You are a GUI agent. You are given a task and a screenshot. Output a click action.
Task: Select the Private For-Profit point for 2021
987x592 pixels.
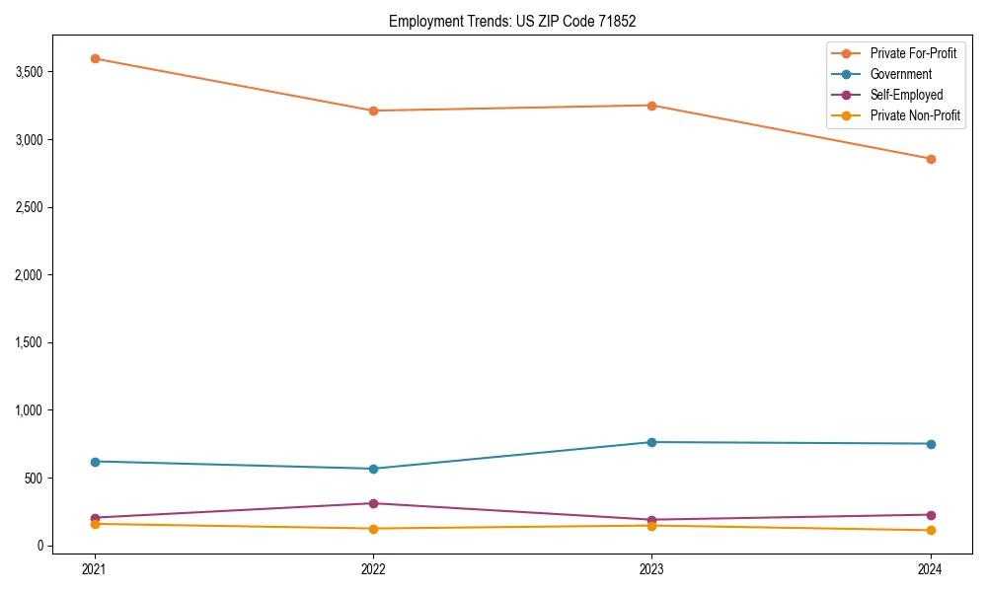[95, 58]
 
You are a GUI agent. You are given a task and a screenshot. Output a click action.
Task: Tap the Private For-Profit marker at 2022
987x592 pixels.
[373, 111]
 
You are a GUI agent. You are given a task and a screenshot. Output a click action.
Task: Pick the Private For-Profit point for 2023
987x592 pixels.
[651, 106]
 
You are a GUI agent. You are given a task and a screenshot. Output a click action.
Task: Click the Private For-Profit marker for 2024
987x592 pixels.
[930, 159]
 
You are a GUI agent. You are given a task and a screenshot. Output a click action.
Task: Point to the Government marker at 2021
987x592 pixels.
[95, 462]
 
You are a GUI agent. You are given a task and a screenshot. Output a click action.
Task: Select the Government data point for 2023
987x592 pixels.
[651, 442]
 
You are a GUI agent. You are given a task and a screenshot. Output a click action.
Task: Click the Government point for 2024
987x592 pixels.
[930, 444]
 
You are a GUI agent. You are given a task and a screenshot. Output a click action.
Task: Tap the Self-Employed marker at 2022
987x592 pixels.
[373, 503]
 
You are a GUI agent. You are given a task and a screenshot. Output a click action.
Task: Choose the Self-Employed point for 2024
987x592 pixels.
[930, 515]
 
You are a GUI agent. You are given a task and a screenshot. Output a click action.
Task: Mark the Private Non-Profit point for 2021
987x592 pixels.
[95, 524]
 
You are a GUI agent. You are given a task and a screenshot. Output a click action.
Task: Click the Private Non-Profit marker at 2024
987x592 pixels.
[930, 531]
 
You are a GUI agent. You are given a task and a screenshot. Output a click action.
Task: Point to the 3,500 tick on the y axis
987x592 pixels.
[28, 72]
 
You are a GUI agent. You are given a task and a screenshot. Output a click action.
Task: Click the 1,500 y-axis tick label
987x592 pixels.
[28, 342]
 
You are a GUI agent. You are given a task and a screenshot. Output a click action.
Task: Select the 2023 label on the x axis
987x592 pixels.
[651, 569]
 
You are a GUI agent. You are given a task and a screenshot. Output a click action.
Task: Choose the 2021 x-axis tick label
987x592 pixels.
[95, 569]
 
